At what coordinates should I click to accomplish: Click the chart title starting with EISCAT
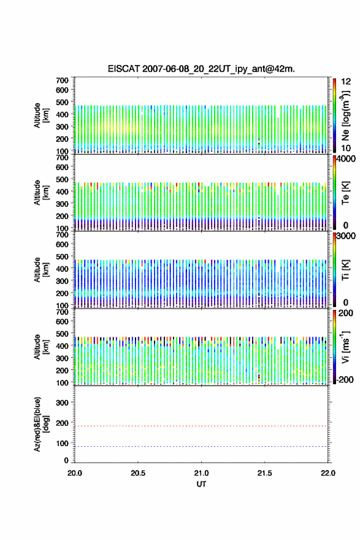coord(201,69)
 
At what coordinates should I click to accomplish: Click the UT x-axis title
coord(201,484)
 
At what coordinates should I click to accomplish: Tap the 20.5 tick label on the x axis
coord(137,473)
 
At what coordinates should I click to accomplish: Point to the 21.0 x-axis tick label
coord(201,473)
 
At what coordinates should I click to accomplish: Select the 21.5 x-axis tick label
coord(264,473)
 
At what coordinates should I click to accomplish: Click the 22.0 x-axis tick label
coord(327,473)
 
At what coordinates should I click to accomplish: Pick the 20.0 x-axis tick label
coord(75,473)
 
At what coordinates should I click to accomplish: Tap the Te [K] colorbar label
coord(345,193)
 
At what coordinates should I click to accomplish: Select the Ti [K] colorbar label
coord(345,270)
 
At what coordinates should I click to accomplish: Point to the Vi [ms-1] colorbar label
coord(345,347)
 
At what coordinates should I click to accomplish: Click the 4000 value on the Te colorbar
coord(345,159)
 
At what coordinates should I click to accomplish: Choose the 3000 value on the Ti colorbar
coord(345,236)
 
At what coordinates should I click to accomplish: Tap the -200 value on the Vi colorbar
coord(345,379)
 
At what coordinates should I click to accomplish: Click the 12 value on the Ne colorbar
coord(346,82)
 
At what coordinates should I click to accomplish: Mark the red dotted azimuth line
coord(201,426)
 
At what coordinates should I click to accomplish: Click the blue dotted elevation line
coord(201,446)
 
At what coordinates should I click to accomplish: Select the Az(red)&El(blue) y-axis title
coord(40,424)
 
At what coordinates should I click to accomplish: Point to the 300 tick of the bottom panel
coord(62,403)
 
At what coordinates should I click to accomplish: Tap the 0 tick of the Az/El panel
coord(66,460)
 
